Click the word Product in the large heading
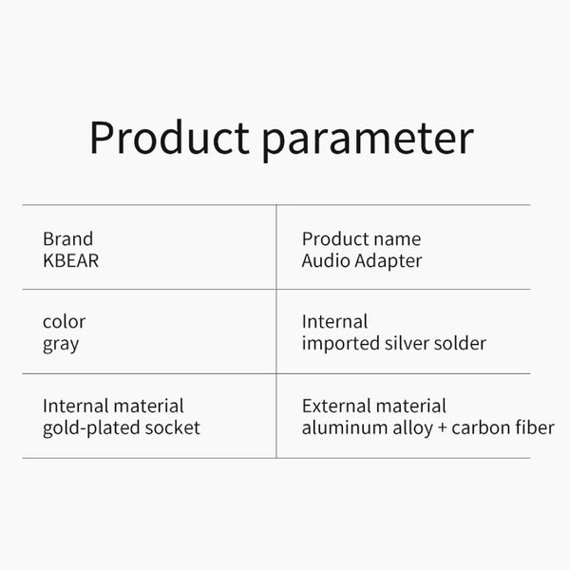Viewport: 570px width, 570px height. tap(168, 139)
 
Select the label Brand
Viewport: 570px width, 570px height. tap(68, 239)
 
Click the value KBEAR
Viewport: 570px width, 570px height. tap(71, 260)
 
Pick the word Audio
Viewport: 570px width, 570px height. tap(325, 260)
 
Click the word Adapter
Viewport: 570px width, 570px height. tap(388, 261)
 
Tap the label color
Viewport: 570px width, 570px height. tap(64, 322)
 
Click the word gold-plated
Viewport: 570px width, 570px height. tap(91, 428)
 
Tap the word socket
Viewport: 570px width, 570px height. tap(172, 427)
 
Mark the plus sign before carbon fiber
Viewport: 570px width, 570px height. tap(441, 428)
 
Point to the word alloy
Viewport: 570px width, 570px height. tap(410, 427)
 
